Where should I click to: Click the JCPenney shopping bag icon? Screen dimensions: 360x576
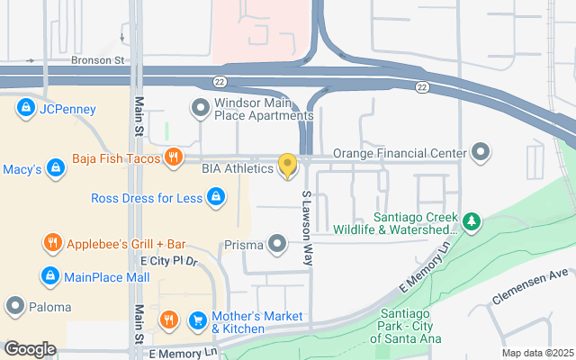click(x=25, y=110)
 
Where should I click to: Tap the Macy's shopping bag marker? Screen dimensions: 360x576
click(x=56, y=168)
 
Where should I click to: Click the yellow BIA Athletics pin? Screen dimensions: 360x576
click(x=287, y=166)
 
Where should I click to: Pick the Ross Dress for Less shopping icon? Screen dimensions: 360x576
click(x=215, y=197)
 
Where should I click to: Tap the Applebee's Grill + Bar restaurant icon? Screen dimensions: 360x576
click(x=52, y=243)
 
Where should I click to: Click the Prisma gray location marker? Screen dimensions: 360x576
click(x=277, y=243)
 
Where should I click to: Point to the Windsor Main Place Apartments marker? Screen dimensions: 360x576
click(x=199, y=109)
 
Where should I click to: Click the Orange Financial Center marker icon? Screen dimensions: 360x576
click(x=480, y=151)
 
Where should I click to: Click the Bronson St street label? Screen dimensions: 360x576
click(x=97, y=61)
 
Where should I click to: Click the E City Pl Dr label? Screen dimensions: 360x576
click(x=168, y=261)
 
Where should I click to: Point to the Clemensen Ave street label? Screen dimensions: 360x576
click(x=531, y=285)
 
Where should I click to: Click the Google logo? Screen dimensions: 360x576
click(x=30, y=348)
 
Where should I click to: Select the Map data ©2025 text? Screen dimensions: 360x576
click(x=537, y=353)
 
